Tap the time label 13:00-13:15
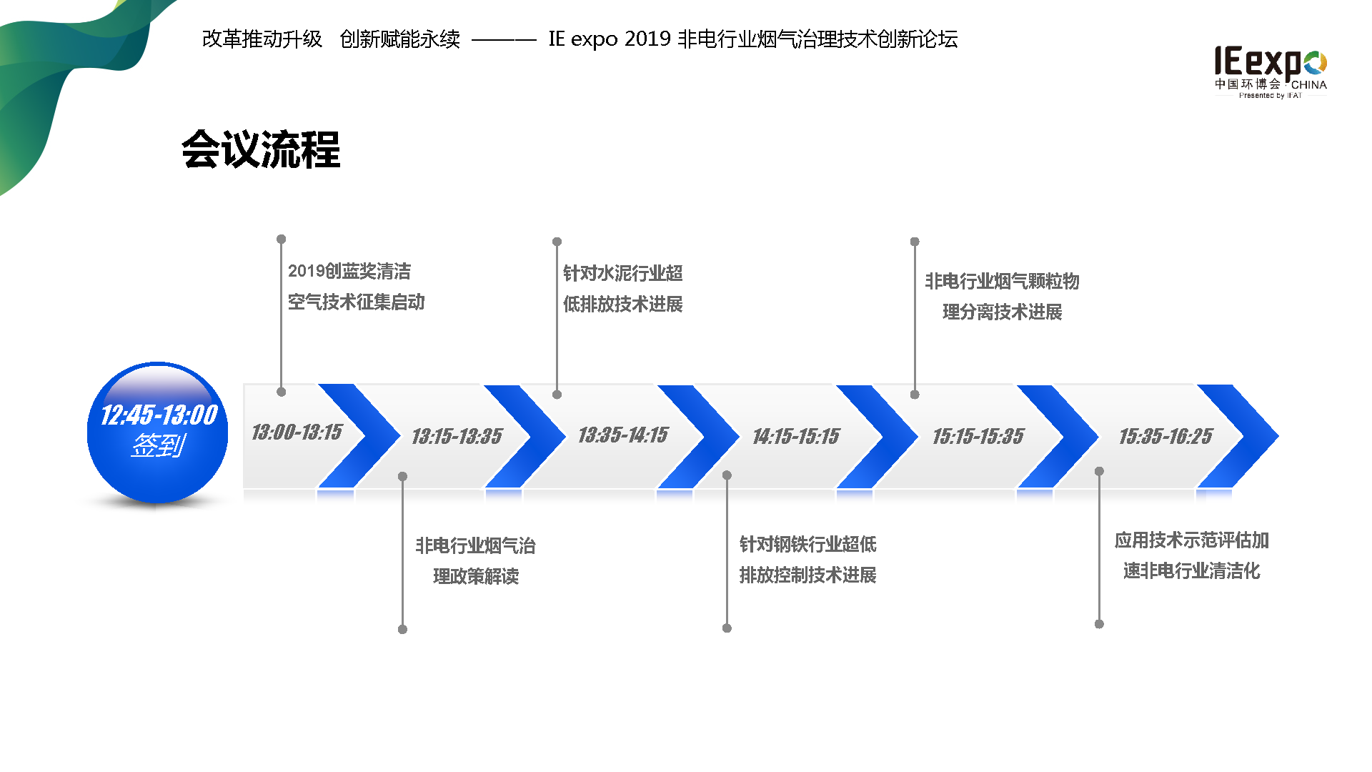[297, 432]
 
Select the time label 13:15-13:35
[457, 436]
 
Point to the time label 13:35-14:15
[622, 435]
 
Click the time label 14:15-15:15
[795, 436]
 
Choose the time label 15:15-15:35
[978, 436]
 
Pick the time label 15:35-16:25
[1165, 436]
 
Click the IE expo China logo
[1271, 72]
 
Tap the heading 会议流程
[261, 150]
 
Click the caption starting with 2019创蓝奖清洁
[356, 287]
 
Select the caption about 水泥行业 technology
[622, 289]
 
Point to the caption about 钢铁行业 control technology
[807, 560]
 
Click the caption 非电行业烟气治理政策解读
[475, 561]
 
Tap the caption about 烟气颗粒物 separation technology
[1002, 297]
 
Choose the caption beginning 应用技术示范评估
[1191, 555]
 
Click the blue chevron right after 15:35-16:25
[1243, 435]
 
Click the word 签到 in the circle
[158, 446]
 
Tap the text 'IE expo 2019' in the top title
[609, 39]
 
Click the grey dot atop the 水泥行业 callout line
[557, 242]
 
